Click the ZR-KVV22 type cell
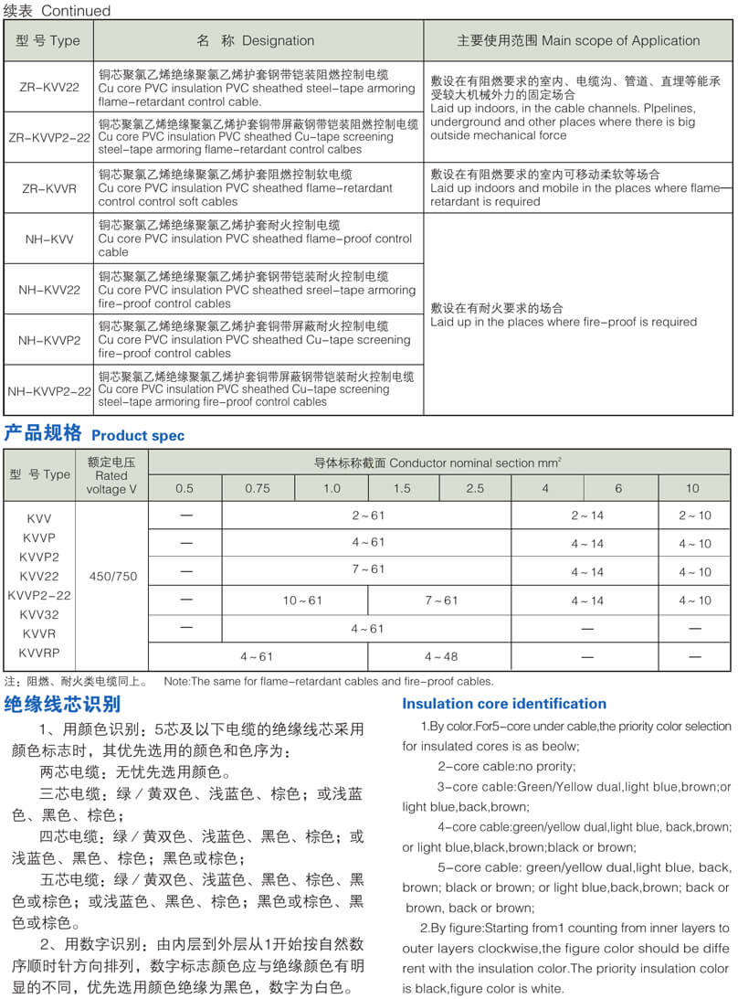pyautogui.click(x=48, y=87)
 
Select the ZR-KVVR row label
pyautogui.click(x=48, y=188)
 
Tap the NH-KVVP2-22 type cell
pyautogui.click(x=48, y=390)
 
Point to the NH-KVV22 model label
pyautogui.click(x=48, y=290)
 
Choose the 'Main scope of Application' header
pyautogui.click(x=578, y=40)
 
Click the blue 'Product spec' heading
pyautogui.click(x=137, y=436)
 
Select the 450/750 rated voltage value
pyautogui.click(x=112, y=576)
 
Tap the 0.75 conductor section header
pyautogui.click(x=258, y=488)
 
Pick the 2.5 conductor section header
pyautogui.click(x=475, y=488)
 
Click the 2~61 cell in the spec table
pyautogui.click(x=367, y=515)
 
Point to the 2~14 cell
pyautogui.click(x=587, y=515)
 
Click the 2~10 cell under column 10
pyautogui.click(x=694, y=515)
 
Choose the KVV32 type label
pyautogui.click(x=38, y=614)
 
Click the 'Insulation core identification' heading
pyautogui.click(x=504, y=704)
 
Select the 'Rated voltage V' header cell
pyautogui.click(x=111, y=475)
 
